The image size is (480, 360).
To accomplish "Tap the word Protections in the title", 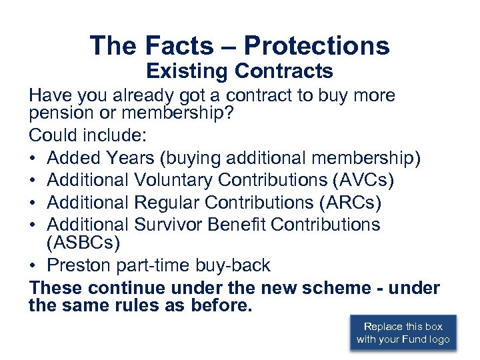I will (x=317, y=45).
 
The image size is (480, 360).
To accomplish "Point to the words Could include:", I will (x=87, y=136).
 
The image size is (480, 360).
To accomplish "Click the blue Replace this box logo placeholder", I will (x=403, y=333).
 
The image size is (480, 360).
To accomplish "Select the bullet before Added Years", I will (x=34, y=159).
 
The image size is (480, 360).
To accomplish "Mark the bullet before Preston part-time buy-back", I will (x=34, y=266).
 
